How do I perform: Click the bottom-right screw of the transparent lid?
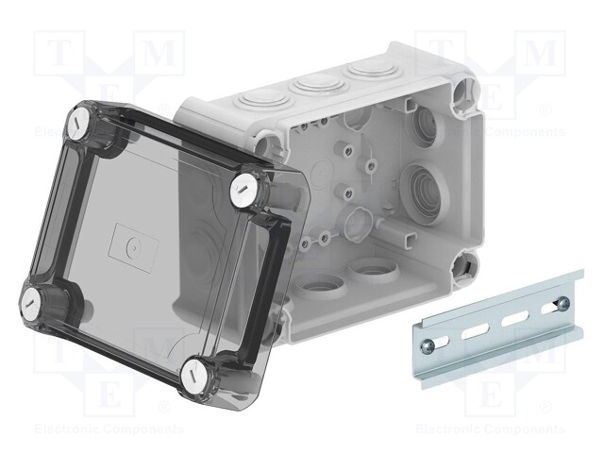[199, 370]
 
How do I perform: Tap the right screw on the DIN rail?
[563, 304]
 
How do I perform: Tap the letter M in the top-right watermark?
[541, 54]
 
